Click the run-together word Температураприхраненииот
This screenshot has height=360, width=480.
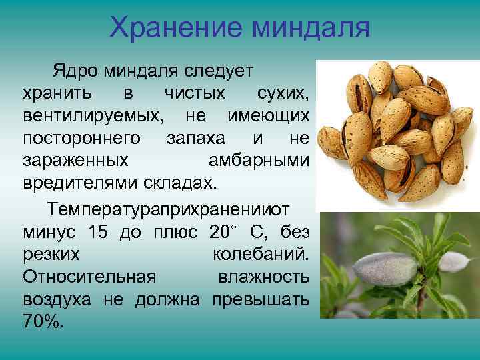click(169, 209)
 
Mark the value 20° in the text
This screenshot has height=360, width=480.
click(223, 232)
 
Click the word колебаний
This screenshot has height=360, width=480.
click(261, 255)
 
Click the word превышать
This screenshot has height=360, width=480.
click(261, 299)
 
